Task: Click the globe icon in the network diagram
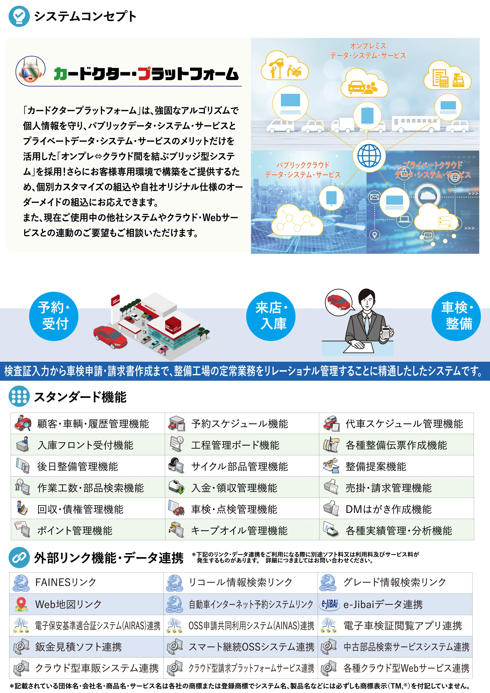(x=369, y=156)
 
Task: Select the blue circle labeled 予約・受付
(x=54, y=316)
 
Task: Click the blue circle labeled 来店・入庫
(x=271, y=316)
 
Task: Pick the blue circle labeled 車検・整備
(x=456, y=316)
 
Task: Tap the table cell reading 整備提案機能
(x=396, y=466)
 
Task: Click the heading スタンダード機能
(x=80, y=397)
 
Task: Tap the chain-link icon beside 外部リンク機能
(x=19, y=557)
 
